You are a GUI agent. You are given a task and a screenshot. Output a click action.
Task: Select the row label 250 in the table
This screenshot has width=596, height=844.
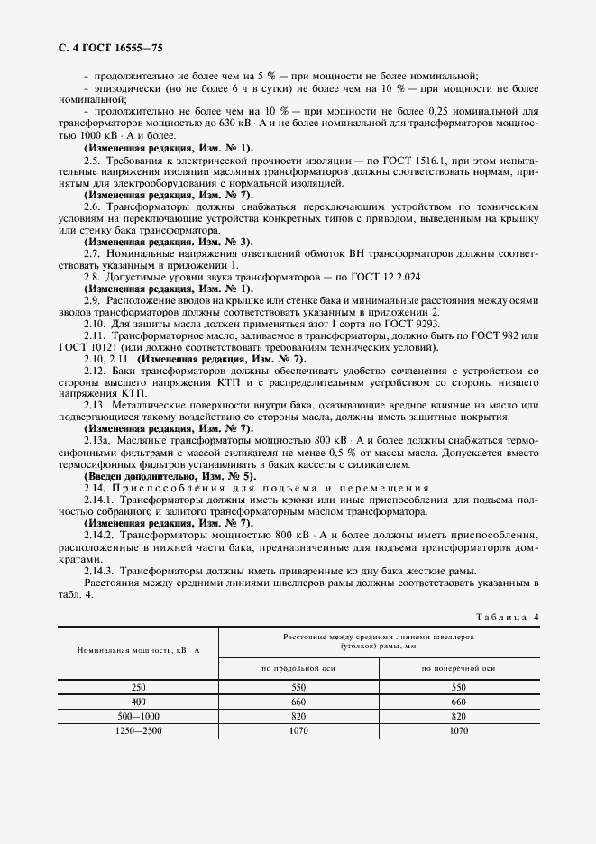coord(138,687)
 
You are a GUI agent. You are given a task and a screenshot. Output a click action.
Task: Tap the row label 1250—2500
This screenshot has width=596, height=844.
coord(138,730)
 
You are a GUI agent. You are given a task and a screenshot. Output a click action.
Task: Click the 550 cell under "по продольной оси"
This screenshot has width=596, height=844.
coord(298,687)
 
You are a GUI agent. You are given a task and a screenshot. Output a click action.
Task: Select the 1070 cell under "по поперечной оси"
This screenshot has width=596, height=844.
coord(458,730)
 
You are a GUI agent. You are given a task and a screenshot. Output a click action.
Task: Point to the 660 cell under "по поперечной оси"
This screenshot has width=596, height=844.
coord(458,701)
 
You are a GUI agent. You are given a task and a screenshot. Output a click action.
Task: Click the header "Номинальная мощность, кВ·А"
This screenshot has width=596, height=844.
coord(138,650)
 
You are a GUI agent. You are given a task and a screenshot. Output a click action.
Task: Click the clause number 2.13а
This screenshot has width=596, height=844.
coord(96,441)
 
